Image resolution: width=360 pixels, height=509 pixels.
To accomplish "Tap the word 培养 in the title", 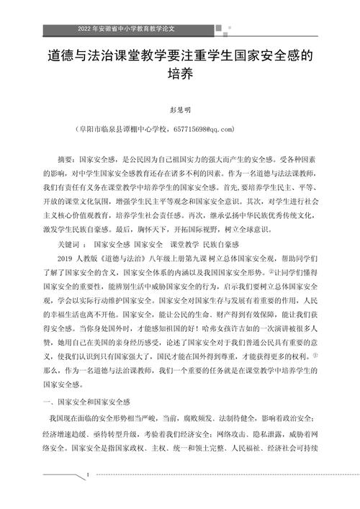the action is pyautogui.click(x=179, y=73).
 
